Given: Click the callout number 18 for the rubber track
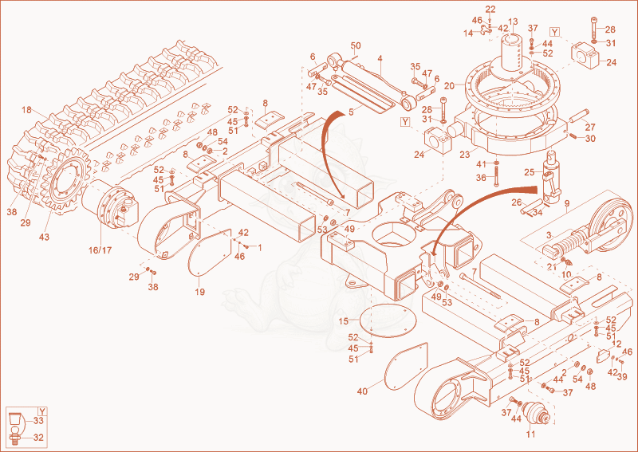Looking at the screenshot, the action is pos(26,110).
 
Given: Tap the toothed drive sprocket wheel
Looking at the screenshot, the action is pos(65,179).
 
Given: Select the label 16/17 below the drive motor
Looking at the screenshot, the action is pos(100,250).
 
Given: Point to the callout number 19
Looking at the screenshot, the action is pos(200,292).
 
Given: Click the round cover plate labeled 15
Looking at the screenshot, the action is pos(384,320).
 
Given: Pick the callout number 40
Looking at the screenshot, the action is pos(362,391).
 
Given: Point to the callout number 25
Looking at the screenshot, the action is pos(529,172).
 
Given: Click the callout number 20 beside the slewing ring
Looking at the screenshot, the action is pos(449,86).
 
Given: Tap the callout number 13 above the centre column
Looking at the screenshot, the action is pos(513,22).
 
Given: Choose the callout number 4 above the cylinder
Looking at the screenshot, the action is pos(380,58).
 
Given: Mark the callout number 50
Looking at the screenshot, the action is pos(356,45).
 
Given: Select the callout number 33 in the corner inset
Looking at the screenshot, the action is pos(38,422).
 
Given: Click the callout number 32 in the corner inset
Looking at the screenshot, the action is pos(38,438).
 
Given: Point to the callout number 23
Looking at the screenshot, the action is pos(465,155).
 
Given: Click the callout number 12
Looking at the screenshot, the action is pos(616,344).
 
